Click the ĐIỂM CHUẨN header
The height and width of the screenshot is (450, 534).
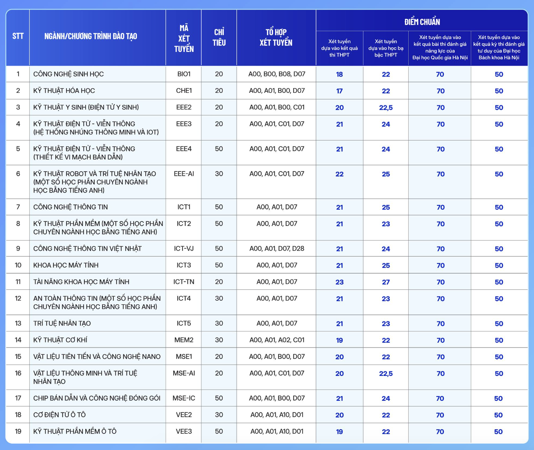click(x=422, y=22)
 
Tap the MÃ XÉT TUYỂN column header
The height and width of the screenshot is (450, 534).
click(x=184, y=38)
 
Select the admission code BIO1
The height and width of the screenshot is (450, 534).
click(x=184, y=74)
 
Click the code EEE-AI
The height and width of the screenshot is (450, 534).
click(x=184, y=174)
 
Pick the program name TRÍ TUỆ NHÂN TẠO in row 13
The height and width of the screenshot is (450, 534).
click(x=62, y=323)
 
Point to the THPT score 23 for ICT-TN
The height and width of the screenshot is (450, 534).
click(x=339, y=282)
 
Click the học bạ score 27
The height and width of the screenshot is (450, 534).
click(x=386, y=282)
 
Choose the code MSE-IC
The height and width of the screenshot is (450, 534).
click(x=184, y=398)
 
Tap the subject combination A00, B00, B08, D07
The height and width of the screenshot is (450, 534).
click(x=277, y=74)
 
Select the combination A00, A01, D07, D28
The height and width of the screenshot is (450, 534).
click(x=277, y=249)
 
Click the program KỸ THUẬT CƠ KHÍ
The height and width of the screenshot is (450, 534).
click(x=60, y=340)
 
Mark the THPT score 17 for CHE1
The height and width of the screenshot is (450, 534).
click(x=339, y=91)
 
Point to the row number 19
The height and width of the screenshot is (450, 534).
click(x=18, y=432)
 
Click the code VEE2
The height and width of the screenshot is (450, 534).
click(x=184, y=415)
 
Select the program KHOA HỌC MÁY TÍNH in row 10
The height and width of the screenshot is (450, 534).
click(x=66, y=265)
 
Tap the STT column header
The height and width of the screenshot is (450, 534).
click(x=18, y=36)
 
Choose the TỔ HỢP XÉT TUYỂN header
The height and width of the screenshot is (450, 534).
click(x=276, y=38)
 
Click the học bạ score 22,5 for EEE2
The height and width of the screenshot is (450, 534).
click(x=386, y=108)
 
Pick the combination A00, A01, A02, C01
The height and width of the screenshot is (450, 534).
click(x=277, y=340)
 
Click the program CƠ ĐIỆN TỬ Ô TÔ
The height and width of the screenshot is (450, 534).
click(x=60, y=415)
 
